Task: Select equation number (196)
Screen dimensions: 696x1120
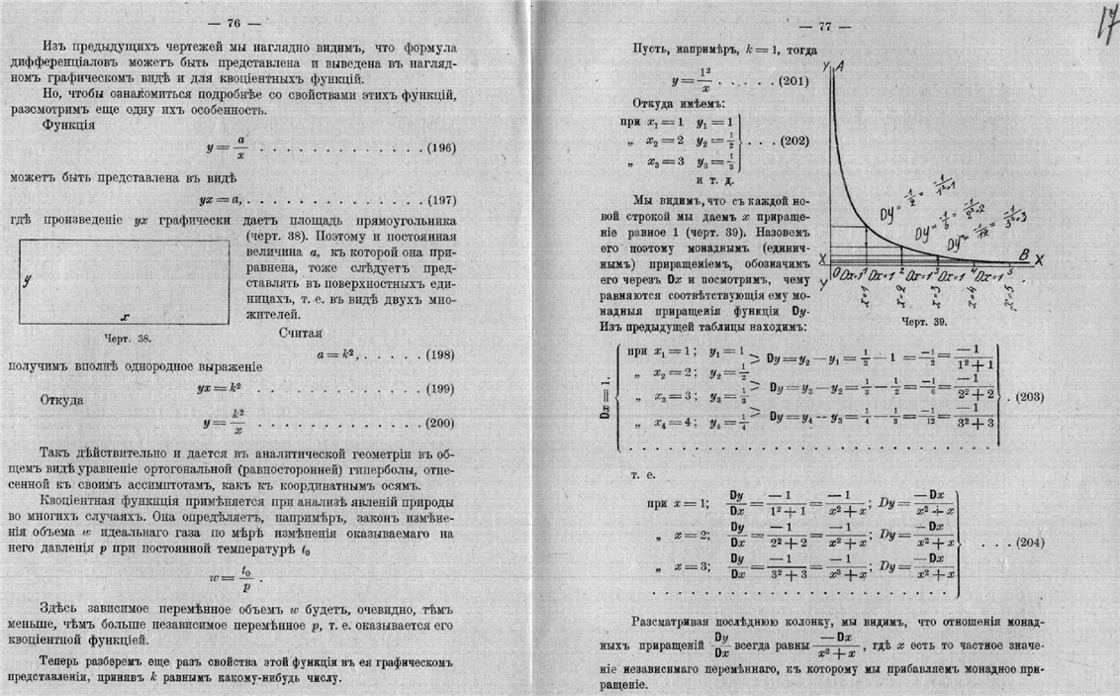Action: (x=439, y=148)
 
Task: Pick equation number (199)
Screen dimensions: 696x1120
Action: (x=439, y=388)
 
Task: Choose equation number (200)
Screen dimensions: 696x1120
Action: (x=439, y=424)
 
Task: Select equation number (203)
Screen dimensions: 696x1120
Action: (x=1025, y=397)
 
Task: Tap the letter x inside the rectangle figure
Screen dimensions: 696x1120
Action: (x=125, y=317)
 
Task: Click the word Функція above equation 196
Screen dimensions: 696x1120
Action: (x=68, y=126)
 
